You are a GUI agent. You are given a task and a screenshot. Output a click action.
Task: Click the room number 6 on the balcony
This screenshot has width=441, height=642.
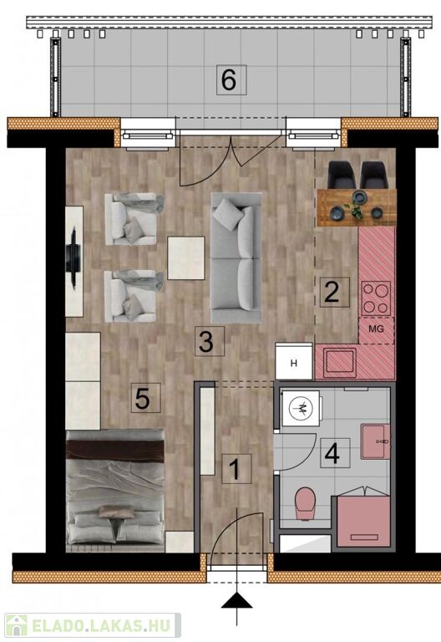[x=228, y=80]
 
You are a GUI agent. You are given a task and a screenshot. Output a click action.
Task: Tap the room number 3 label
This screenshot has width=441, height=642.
[x=205, y=341]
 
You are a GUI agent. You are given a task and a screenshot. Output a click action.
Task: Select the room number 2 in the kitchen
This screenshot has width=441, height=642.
[x=332, y=293]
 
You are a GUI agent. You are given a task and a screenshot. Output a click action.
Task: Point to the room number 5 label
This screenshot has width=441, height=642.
[x=142, y=398]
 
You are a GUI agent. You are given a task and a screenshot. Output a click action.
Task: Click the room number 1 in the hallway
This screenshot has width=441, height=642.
[x=235, y=469]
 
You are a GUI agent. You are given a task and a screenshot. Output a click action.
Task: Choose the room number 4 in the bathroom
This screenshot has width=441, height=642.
[x=334, y=453]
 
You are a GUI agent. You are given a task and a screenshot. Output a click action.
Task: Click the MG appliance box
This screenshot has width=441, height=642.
[x=377, y=329]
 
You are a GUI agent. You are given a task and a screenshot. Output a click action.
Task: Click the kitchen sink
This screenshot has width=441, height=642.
[x=340, y=362]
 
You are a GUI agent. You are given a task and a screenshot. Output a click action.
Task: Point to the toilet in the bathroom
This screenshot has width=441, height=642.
[x=305, y=503]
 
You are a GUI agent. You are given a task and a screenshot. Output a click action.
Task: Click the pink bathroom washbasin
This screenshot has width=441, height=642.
[x=375, y=441]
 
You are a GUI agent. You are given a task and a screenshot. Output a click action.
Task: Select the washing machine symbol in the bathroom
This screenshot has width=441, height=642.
[x=301, y=409]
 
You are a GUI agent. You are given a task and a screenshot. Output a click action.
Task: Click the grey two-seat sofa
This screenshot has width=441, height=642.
[x=236, y=258]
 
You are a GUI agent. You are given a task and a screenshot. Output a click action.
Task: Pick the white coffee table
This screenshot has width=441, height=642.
[x=186, y=258]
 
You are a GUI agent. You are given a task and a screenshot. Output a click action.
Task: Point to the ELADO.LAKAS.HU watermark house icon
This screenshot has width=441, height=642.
[x=17, y=625]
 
